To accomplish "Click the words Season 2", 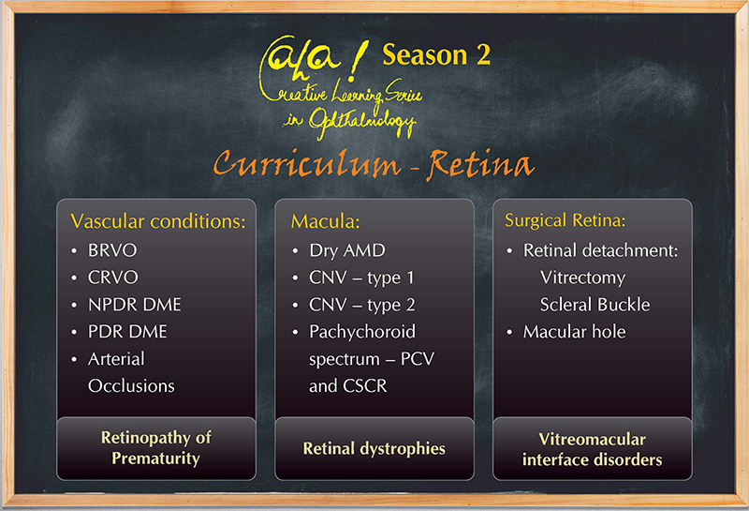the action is coord(436,54).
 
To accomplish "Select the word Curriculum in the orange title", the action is coord(307,163).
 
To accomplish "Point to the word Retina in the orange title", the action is coord(480,165).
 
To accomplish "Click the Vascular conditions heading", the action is coord(157,221).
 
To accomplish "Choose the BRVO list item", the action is coord(112,250).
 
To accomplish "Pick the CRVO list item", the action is coord(112,278).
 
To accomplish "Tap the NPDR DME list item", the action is coord(134,305).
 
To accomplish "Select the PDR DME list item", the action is coord(127,332).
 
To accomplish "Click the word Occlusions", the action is coord(131,385).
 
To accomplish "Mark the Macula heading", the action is coord(325,221).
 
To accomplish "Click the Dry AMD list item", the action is coord(346,250).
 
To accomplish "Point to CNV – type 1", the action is coord(361,278).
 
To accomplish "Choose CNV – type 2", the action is coord(361,305).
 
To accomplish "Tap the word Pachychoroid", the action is coord(362,332).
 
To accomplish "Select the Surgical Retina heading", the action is coord(565,220).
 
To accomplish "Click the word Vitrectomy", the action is coord(582,278).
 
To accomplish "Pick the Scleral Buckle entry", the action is coord(595,305).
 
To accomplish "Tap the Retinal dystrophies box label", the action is coord(374,449).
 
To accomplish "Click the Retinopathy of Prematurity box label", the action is coord(155,448).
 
